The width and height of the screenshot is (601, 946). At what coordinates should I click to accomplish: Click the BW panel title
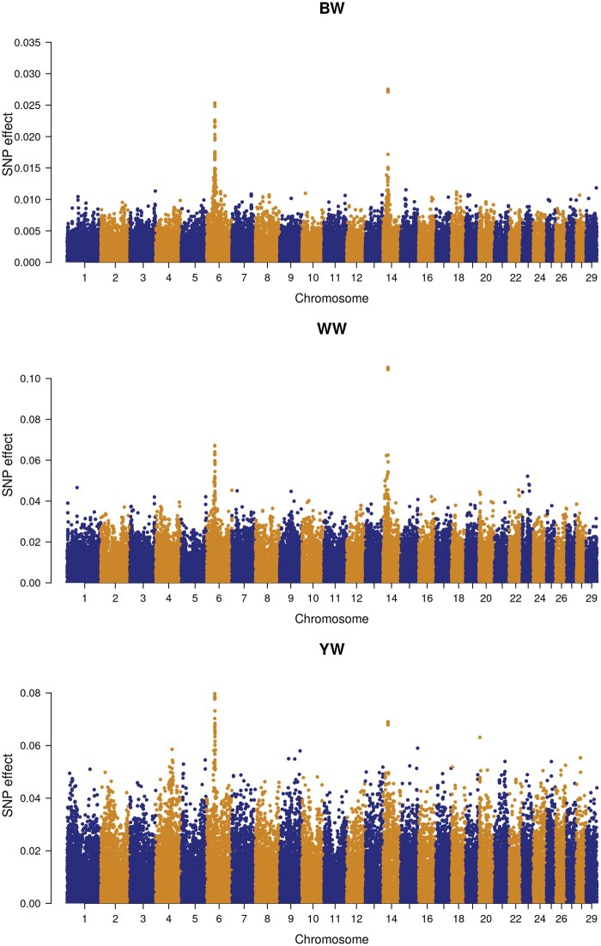[331, 9]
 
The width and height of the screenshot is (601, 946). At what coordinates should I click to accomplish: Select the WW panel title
[331, 329]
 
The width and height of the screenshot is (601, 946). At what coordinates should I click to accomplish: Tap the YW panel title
[331, 649]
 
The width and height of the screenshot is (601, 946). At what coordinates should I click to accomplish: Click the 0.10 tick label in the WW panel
[32, 379]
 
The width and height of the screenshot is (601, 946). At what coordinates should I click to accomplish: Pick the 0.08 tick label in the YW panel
[32, 694]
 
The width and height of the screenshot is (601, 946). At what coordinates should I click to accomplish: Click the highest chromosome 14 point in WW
[388, 368]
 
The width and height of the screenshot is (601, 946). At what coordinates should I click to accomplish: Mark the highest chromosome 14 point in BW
[388, 90]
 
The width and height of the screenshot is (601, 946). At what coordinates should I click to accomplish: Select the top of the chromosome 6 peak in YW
[214, 695]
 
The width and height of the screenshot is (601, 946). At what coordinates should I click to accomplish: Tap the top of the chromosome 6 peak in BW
[215, 104]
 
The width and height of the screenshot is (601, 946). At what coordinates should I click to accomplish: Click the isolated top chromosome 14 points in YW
[388, 723]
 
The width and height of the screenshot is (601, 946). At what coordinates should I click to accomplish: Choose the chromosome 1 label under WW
[84, 598]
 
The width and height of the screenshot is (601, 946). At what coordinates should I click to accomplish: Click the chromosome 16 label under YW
[428, 919]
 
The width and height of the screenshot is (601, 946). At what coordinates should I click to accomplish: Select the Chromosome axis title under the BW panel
[331, 298]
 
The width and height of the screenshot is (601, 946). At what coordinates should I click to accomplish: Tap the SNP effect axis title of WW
[8, 465]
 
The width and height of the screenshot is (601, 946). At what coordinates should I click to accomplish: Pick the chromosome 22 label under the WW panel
[515, 598]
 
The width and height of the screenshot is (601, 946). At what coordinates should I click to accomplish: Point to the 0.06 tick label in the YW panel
[32, 746]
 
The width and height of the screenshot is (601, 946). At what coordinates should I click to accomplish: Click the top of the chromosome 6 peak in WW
[214, 446]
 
